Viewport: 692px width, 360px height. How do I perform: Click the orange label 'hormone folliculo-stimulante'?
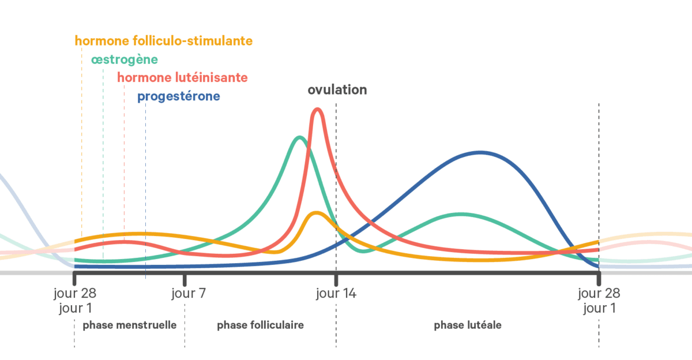[164, 41]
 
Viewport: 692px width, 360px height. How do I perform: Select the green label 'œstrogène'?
[124, 59]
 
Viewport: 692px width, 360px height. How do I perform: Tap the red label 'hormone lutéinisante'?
[182, 77]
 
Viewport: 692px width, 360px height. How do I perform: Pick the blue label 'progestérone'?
[178, 96]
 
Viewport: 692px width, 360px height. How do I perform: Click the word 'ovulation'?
[337, 89]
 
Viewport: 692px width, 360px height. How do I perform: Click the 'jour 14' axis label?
[336, 293]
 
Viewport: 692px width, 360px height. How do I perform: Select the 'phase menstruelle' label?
[129, 325]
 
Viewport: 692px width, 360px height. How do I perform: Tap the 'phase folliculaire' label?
[260, 325]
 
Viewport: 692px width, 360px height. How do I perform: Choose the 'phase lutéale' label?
[468, 325]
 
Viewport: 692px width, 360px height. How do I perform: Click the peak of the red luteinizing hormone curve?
[317, 109]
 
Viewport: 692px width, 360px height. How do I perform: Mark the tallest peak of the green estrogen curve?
[299, 137]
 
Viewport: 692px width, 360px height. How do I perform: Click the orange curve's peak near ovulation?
[315, 213]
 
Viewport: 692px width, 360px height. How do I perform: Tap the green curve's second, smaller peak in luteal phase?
[460, 215]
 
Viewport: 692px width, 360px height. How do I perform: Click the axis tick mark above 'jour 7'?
[185, 279]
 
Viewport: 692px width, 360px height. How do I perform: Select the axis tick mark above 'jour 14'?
[336, 279]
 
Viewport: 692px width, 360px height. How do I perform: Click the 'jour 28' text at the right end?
[599, 293]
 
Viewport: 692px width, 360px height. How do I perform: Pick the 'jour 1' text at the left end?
[75, 308]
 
